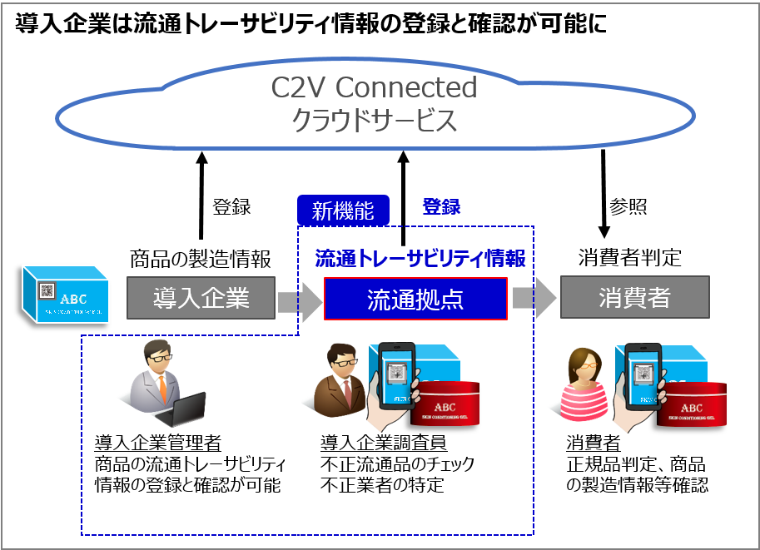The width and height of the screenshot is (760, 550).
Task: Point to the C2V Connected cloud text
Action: (x=374, y=87)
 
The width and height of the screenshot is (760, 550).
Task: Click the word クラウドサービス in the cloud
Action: (x=374, y=121)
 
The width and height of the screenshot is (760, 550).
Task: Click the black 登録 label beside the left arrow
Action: (x=231, y=207)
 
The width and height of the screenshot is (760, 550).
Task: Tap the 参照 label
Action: (x=628, y=207)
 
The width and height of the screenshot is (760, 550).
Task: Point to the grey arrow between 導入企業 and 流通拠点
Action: (x=299, y=300)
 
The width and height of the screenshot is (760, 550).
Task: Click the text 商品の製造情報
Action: (x=201, y=260)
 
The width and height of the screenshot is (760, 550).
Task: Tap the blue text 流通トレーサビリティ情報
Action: (x=420, y=260)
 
